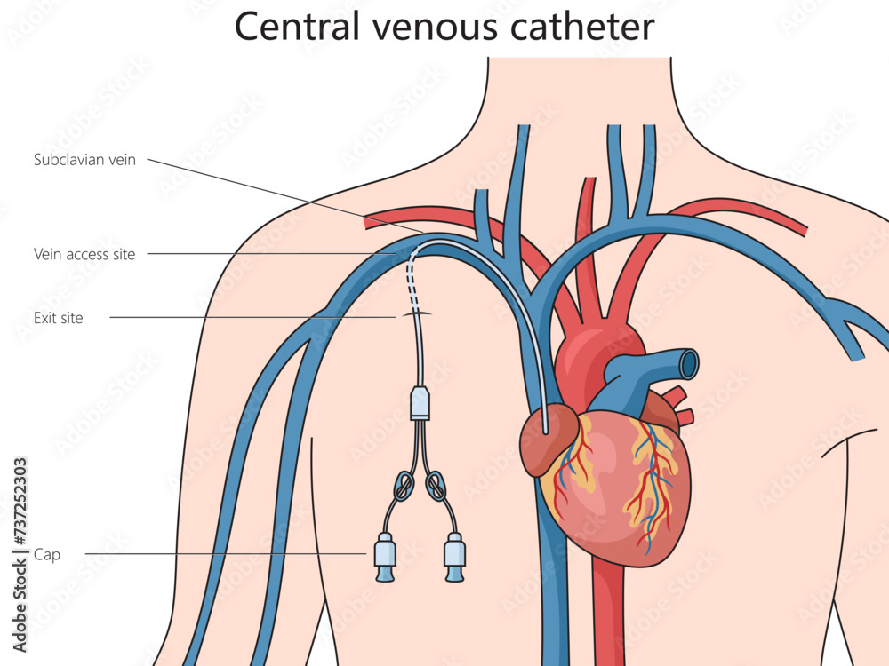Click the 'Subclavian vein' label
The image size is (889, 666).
pyautogui.click(x=84, y=160)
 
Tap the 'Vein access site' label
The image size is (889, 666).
pyautogui.click(x=84, y=254)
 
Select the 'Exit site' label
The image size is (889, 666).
pyautogui.click(x=58, y=318)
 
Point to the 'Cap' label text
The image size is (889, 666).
pyautogui.click(x=47, y=554)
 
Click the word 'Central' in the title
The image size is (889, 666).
pyautogui.click(x=298, y=26)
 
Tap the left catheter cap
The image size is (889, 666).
pyautogui.click(x=385, y=558)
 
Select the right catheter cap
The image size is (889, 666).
pyautogui.click(x=454, y=558)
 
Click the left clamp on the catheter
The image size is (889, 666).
pyautogui.click(x=403, y=486)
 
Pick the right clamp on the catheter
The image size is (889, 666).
pyautogui.click(x=436, y=486)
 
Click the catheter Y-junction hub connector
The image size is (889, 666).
pyautogui.click(x=420, y=403)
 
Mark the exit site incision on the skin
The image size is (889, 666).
pyautogui.click(x=416, y=313)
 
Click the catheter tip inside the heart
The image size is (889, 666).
pyautogui.click(x=546, y=431)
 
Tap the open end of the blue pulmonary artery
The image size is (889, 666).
pyautogui.click(x=689, y=363)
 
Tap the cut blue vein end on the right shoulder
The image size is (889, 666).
pyautogui.click(x=857, y=357)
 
